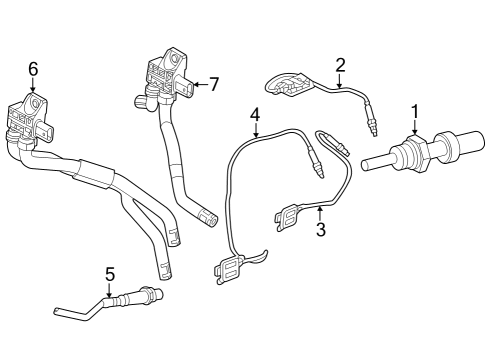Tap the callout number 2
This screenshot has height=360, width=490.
click(340, 66)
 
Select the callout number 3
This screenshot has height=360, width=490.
click(321, 230)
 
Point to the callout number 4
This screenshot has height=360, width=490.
click(255, 116)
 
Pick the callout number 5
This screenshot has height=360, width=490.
click(110, 272)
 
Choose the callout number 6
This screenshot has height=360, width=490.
click(33, 68)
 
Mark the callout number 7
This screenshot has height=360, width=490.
click(213, 84)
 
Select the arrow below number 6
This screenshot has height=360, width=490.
click(33, 88)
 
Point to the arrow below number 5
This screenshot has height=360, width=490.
click(110, 289)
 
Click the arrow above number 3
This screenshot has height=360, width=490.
click(321, 212)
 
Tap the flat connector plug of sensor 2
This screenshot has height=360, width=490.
click(289, 86)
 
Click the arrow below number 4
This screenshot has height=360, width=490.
click(255, 136)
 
